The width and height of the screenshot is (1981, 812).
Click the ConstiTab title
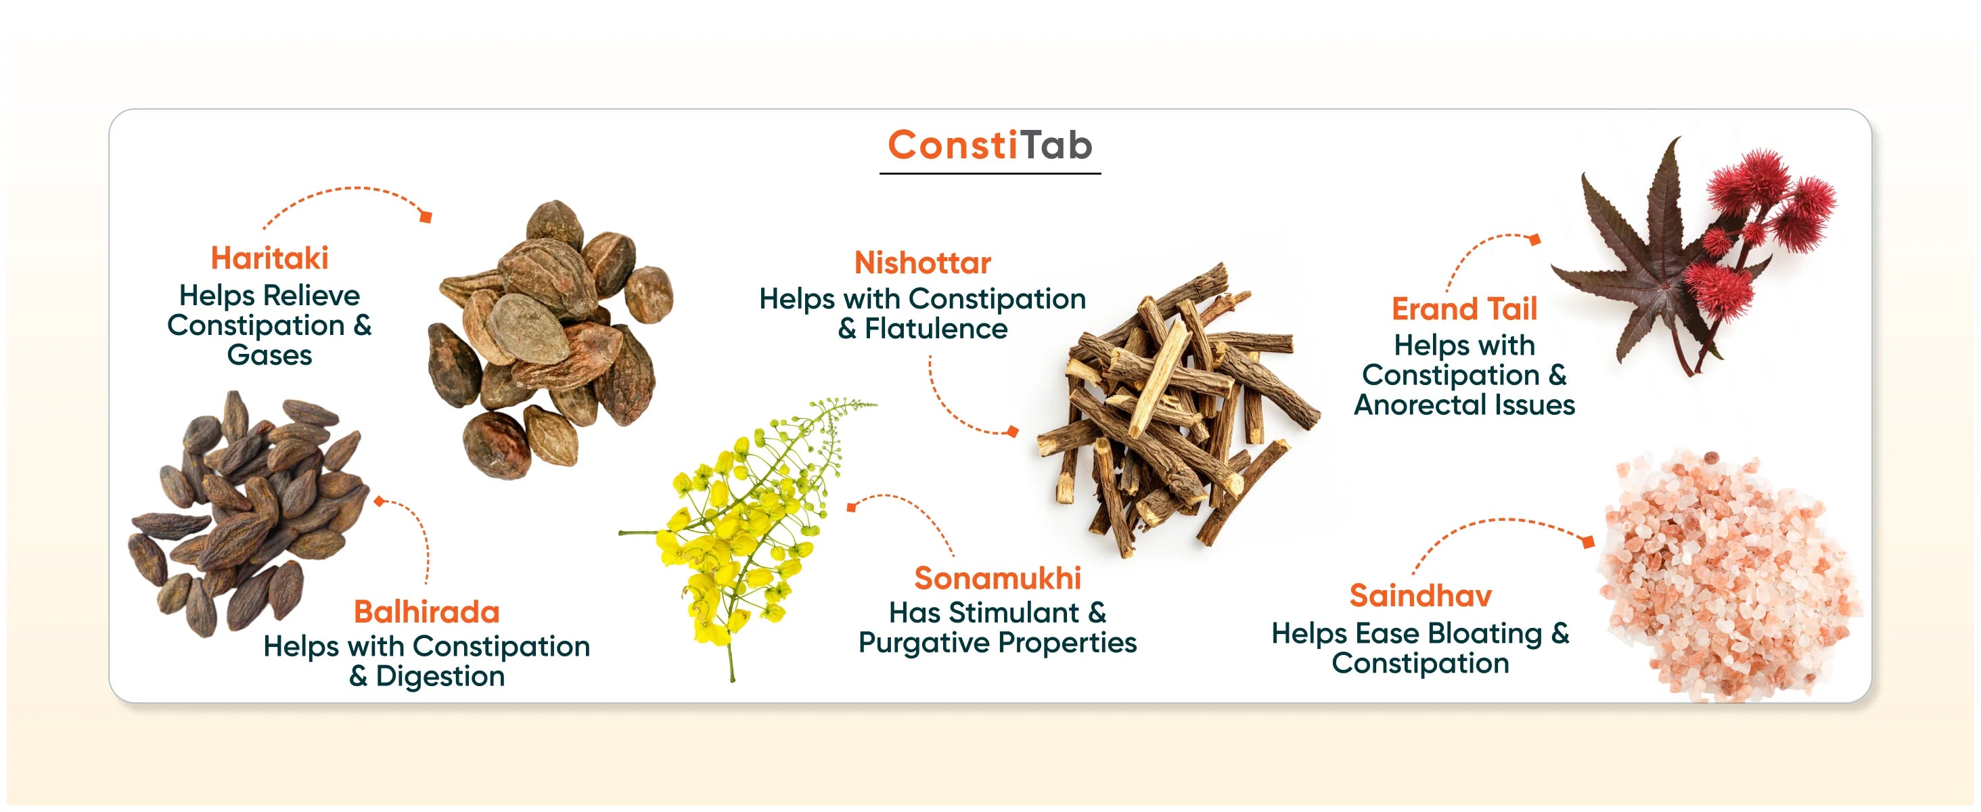pos(990,145)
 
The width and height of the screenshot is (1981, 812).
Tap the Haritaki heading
pos(269,258)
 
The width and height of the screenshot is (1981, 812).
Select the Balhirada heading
pos(427,612)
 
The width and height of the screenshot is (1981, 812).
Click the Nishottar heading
pos(922,263)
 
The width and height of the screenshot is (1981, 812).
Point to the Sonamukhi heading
pos(997,579)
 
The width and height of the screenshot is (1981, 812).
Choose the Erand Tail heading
pos(1464,309)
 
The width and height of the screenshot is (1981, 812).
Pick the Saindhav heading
pos(1420,596)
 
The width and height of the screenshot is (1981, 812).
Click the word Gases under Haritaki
pos(270,355)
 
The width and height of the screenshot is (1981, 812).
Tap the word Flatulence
pos(936,329)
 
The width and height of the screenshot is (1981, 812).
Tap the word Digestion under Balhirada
pos(440,677)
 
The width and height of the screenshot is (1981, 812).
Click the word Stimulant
pos(1014,613)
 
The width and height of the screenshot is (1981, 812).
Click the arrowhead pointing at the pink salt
pos(1588,541)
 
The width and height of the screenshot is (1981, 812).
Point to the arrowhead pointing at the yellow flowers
pos(851,507)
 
